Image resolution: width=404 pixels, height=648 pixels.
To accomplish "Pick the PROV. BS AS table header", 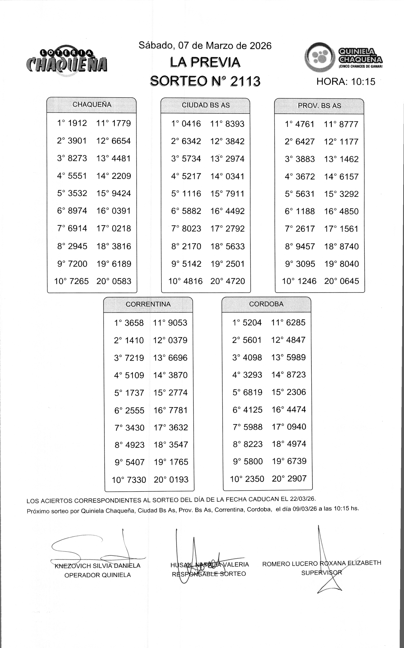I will (x=319, y=106).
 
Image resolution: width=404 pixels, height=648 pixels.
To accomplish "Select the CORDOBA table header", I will (x=266, y=304).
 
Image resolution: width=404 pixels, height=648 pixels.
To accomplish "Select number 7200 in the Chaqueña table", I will (x=77, y=264).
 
